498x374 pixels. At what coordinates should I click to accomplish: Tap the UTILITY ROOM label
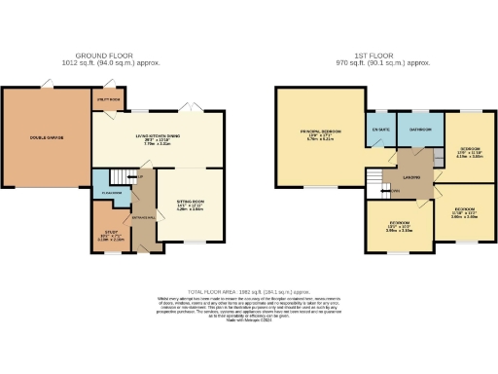pos(106,99)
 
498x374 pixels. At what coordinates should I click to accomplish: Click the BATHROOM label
pos(420,129)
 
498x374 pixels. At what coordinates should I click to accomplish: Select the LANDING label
pos(411,177)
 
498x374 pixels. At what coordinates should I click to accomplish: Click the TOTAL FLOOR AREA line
pos(248,290)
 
